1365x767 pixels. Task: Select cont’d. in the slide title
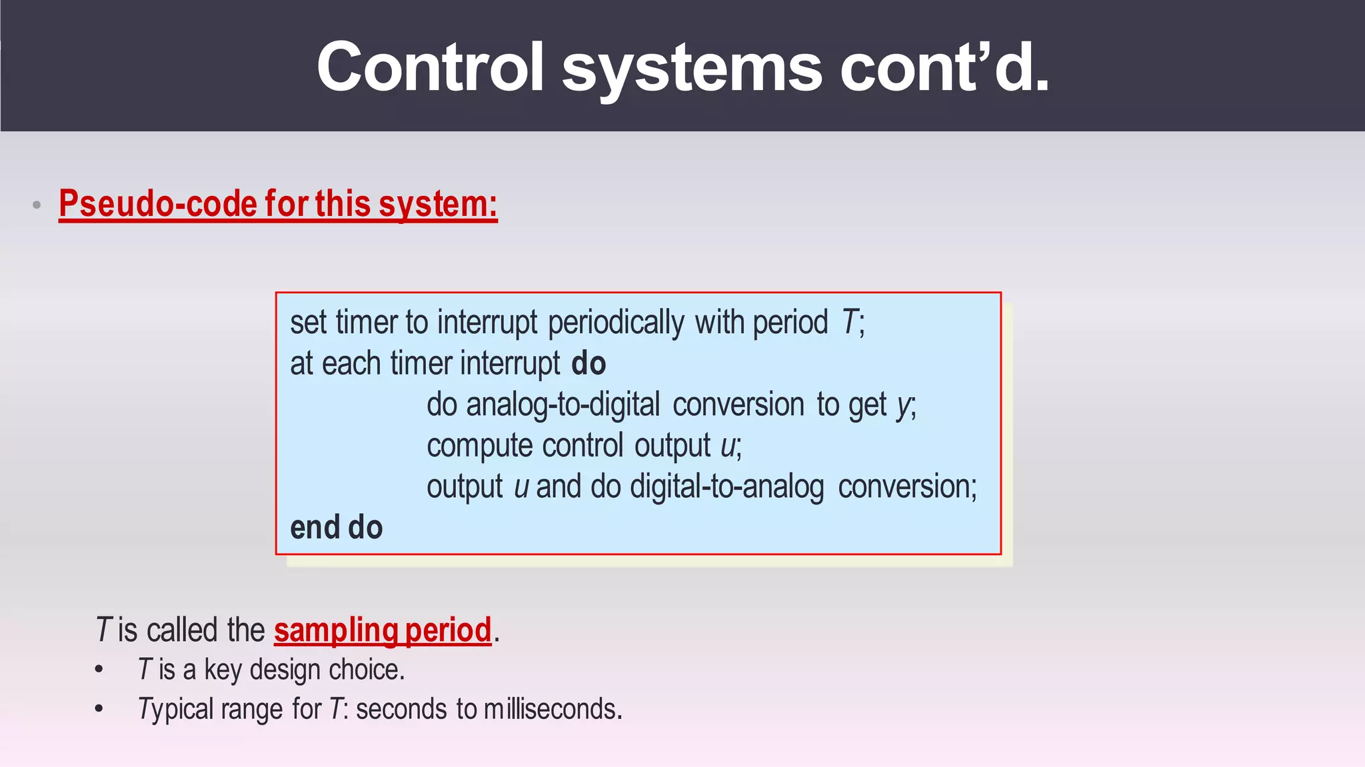[944, 67]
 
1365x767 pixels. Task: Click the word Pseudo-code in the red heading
[157, 204]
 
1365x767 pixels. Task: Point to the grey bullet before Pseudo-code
[37, 205]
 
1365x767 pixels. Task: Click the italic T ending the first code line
[848, 323]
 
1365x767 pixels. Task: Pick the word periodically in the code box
[616, 323]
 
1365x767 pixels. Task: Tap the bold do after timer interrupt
[589, 364]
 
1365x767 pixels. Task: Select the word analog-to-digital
[563, 405]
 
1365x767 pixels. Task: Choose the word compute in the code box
[480, 446]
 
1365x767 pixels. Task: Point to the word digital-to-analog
[727, 487]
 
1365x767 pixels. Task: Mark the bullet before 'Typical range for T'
[99, 709]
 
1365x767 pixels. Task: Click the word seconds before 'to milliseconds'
[401, 709]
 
